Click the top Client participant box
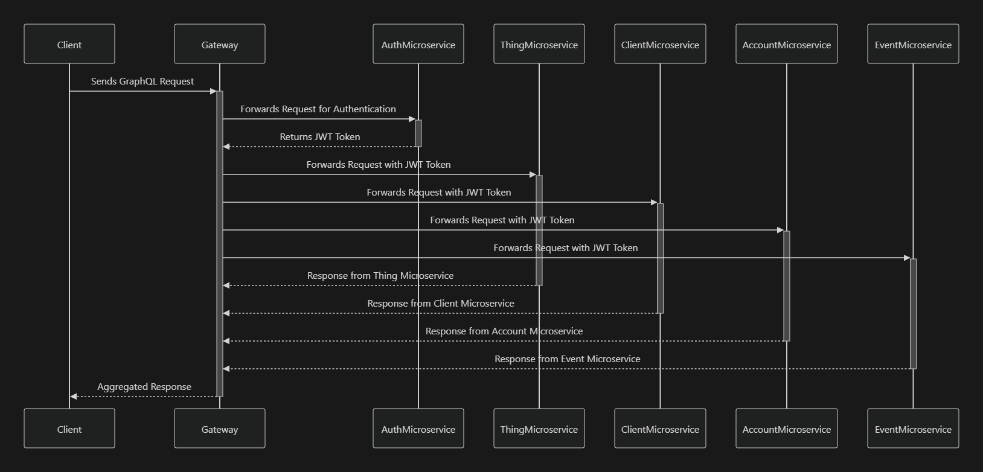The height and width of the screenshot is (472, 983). pos(69,44)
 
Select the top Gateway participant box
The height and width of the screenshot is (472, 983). pos(220,44)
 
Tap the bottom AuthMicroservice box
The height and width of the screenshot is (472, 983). pos(418,429)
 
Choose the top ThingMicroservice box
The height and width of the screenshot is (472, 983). pos(539,44)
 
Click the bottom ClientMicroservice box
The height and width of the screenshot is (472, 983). pos(660,429)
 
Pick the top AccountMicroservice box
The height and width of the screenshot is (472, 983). pos(786,44)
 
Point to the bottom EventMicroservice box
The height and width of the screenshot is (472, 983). pos(913,429)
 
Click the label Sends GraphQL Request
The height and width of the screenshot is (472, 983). pos(142,81)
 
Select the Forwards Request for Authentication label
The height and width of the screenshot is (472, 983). pos(318,109)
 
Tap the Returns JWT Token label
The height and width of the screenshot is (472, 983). pos(320,137)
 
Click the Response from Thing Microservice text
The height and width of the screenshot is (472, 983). pos(380,276)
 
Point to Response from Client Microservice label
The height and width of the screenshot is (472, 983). pos(441,304)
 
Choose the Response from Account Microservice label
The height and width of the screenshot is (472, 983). pos(504,331)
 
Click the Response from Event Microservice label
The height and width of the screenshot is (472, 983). pos(568,359)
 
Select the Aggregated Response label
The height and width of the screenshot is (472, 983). pos(144,387)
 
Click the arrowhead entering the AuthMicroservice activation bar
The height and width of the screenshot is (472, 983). pos(412,119)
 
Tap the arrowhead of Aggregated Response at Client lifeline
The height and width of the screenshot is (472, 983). pos(74,397)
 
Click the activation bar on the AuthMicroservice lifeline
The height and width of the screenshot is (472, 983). pos(418,133)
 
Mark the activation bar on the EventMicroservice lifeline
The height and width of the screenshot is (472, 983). pos(913,314)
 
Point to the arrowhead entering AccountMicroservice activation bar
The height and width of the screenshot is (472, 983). pos(780,230)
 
